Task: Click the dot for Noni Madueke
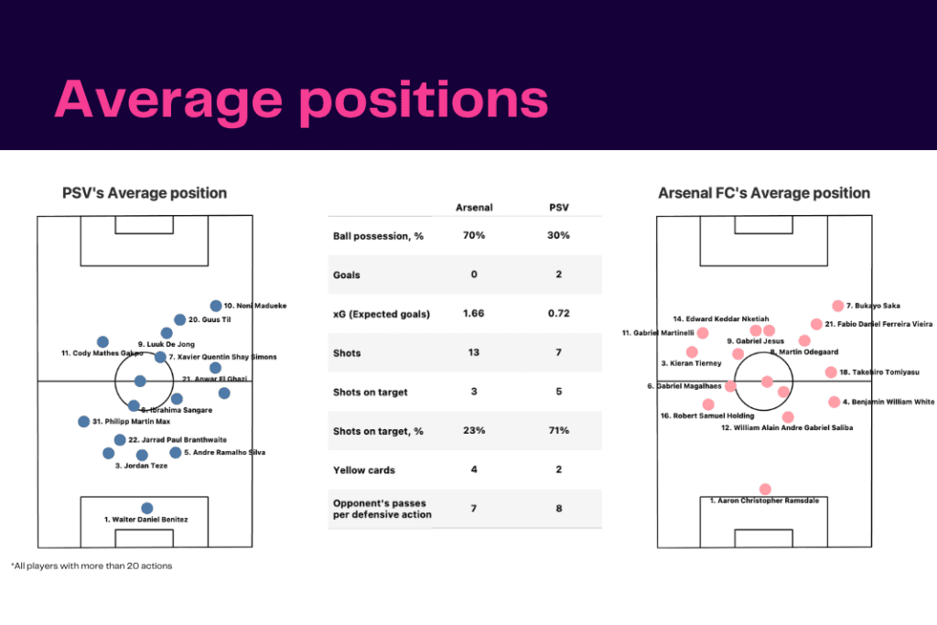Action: click(x=216, y=306)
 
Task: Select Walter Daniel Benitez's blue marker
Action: click(x=147, y=508)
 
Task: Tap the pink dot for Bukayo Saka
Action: click(x=837, y=306)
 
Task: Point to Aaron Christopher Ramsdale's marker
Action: click(x=765, y=490)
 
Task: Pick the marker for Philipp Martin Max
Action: click(x=84, y=422)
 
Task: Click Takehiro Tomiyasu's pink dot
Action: click(x=831, y=372)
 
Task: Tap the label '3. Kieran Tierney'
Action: click(x=691, y=363)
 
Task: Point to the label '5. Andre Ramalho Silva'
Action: click(x=225, y=452)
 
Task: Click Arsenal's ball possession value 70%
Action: click(x=474, y=235)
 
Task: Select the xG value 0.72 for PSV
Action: click(x=559, y=314)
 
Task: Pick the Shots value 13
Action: click(x=474, y=353)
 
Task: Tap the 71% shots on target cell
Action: click(x=559, y=431)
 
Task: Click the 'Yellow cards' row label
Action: click(x=364, y=470)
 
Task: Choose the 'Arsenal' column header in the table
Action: click(x=474, y=208)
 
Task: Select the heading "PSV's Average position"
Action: click(x=145, y=193)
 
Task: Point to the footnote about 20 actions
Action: click(x=92, y=566)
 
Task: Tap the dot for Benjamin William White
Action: click(x=834, y=402)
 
